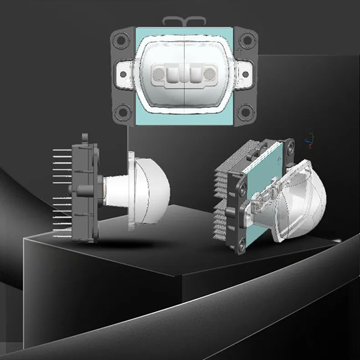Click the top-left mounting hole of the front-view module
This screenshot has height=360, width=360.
click(x=122, y=40)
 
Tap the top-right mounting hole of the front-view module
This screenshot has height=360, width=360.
click(x=245, y=40)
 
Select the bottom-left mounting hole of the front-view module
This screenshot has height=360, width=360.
click(x=122, y=111)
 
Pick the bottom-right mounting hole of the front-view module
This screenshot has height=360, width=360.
click(x=245, y=111)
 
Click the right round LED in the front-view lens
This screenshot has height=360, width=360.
click(x=209, y=75)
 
